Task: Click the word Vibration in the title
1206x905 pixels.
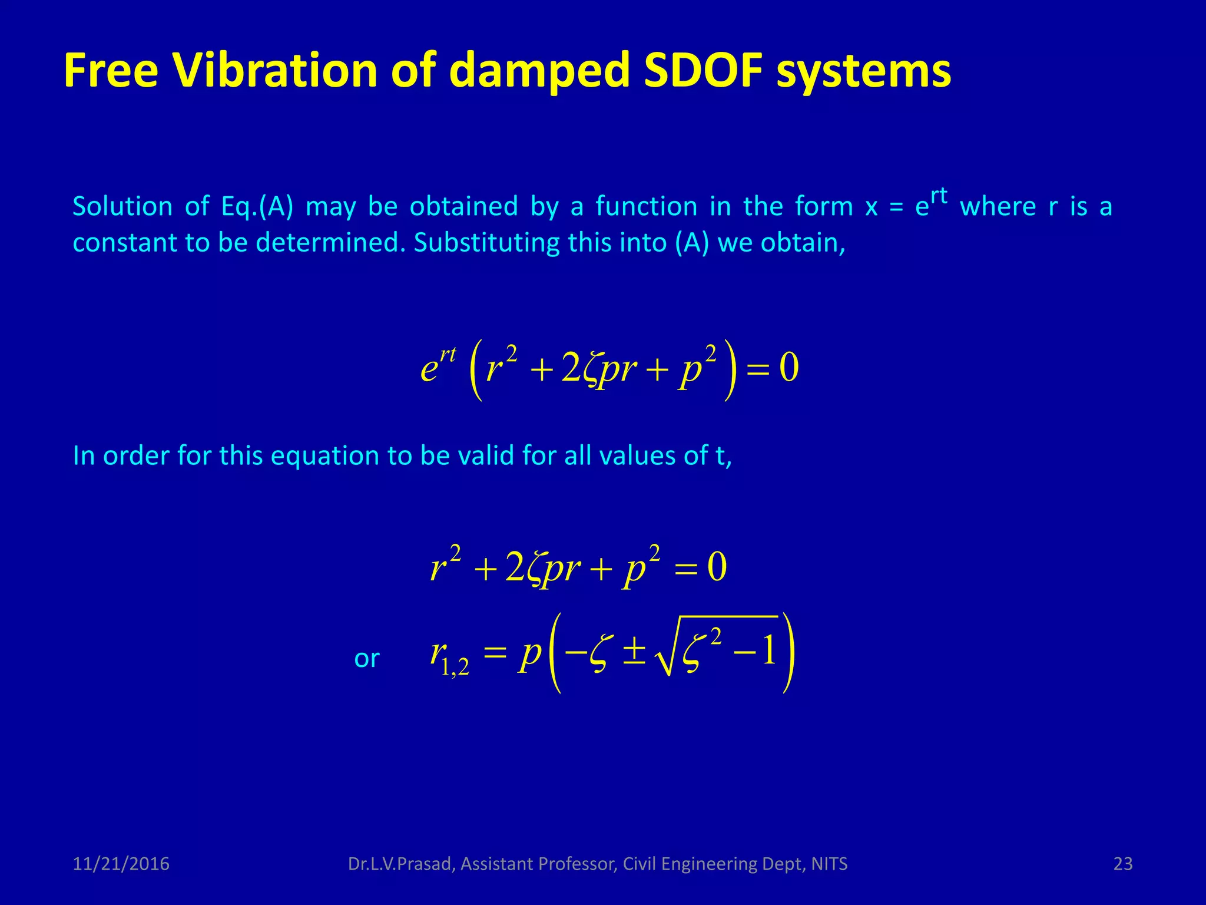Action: pyautogui.click(x=274, y=71)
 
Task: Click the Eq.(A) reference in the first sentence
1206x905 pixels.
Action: pyautogui.click(x=257, y=207)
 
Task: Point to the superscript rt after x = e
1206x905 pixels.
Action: pyautogui.click(x=939, y=196)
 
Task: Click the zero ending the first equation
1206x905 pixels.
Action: pyautogui.click(x=788, y=368)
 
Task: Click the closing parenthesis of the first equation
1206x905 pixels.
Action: pyautogui.click(x=730, y=370)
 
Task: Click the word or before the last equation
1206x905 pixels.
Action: pyautogui.click(x=366, y=659)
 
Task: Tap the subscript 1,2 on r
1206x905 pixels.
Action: pyautogui.click(x=455, y=666)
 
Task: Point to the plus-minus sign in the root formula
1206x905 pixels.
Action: pyautogui.click(x=634, y=653)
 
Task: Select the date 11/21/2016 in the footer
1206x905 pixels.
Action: pyautogui.click(x=121, y=864)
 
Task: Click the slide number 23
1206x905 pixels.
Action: pyautogui.click(x=1123, y=864)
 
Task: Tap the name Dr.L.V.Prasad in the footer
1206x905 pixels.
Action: pyautogui.click(x=400, y=864)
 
